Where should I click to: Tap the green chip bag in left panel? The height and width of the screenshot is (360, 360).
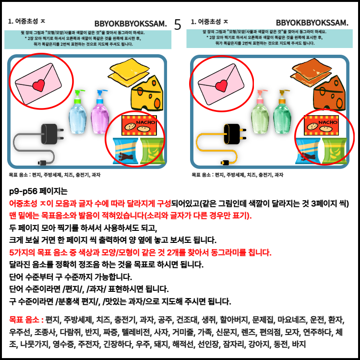[x=152, y=151]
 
